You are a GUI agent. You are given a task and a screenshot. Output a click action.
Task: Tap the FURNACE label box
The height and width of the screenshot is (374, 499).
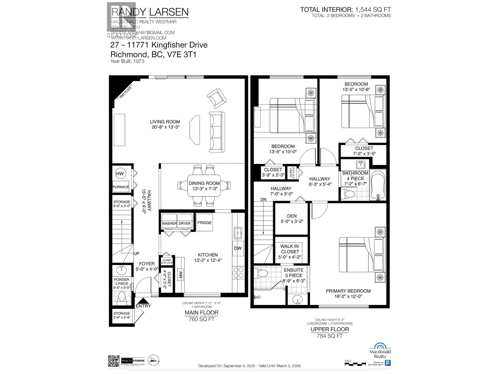pos(121,187)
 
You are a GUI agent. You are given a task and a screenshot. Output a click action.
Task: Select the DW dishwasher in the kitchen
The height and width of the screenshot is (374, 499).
pos(238,248)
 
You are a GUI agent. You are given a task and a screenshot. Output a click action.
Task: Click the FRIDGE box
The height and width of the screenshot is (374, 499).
pos(204,223)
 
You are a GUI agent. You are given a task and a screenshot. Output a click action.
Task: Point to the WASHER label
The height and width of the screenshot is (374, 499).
pos(169,223)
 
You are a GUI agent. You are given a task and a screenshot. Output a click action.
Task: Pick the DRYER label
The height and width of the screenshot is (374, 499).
pos(184,223)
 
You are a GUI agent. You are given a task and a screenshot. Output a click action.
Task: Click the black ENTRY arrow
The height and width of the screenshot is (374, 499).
pos(143,301)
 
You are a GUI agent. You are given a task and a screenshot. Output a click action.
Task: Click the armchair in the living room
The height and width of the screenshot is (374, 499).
pos(216,97)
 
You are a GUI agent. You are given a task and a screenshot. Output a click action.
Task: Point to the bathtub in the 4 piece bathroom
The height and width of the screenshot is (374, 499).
pos(378,185)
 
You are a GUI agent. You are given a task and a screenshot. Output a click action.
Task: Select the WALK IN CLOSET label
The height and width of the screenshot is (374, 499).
pos(290,252)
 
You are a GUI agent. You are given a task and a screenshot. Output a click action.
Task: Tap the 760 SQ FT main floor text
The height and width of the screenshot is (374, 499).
pos(201,319)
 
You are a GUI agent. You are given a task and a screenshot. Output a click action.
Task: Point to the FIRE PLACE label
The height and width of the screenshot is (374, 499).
pos(124,93)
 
